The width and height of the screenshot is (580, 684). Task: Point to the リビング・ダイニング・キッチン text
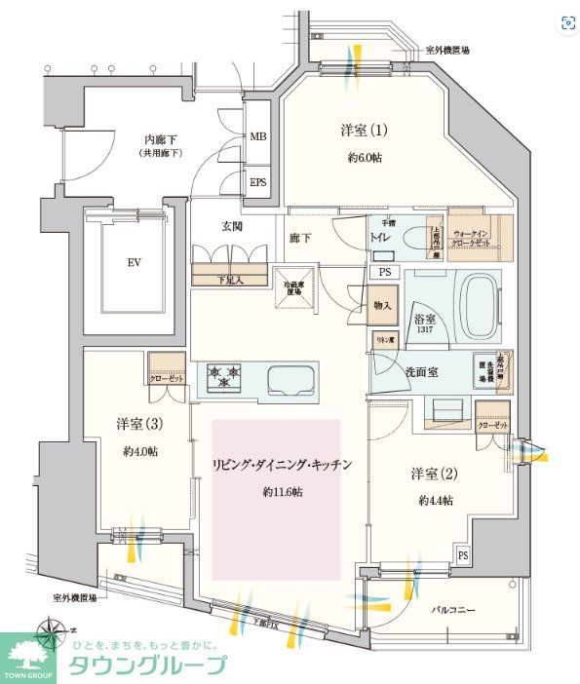(x=281, y=465)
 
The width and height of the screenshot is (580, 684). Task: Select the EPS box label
(x=258, y=181)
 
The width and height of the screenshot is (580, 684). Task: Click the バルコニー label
(x=453, y=610)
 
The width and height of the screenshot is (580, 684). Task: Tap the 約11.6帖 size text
(x=282, y=492)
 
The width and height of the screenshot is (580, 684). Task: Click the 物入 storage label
(x=382, y=306)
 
